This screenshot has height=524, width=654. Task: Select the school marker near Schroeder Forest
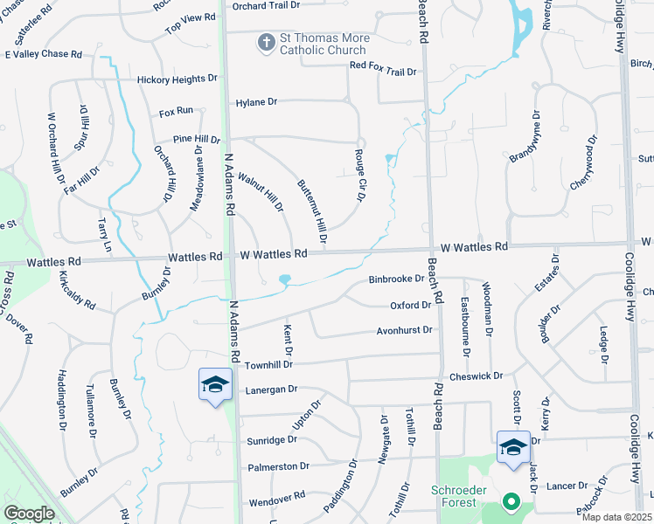click(x=512, y=447)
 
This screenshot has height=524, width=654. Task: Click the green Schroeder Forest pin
click(x=511, y=502)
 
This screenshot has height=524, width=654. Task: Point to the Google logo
click(x=29, y=514)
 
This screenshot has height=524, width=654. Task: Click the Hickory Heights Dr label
click(x=177, y=79)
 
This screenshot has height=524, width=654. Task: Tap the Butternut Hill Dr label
click(x=311, y=210)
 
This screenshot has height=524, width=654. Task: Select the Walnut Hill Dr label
click(x=261, y=191)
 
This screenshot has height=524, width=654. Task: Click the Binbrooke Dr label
click(x=396, y=279)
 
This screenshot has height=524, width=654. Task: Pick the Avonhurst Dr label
click(x=405, y=330)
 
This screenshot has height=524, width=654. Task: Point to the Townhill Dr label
click(x=268, y=363)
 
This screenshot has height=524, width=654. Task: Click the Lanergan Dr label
click(x=271, y=390)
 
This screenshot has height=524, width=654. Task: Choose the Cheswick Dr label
click(x=477, y=376)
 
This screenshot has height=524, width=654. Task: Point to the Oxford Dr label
click(x=410, y=305)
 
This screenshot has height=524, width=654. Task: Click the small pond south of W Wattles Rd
click(x=284, y=280)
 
